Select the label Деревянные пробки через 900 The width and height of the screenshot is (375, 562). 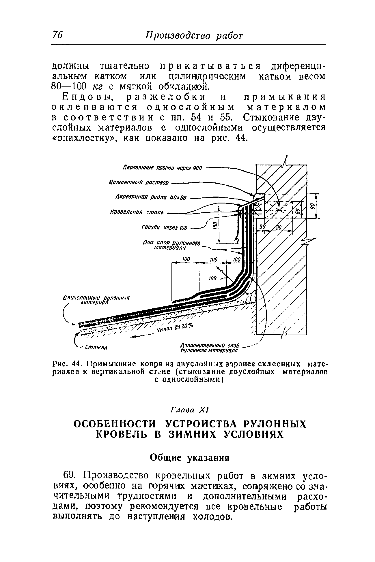point(163,168)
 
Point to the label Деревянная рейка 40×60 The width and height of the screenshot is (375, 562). point(151,198)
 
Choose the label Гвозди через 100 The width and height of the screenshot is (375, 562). point(164,228)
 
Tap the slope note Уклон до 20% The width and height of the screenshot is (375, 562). point(176,328)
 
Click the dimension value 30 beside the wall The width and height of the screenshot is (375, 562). point(262,227)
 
